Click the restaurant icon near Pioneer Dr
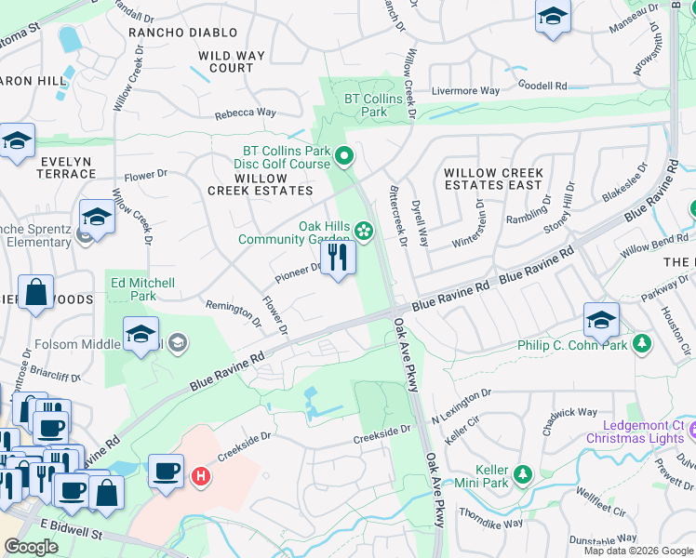pyautogui.click(x=338, y=258)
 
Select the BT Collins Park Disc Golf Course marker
pyautogui.click(x=344, y=157)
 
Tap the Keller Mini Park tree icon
pyautogui.click(x=523, y=475)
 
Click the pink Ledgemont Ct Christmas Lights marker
pyautogui.click(x=693, y=431)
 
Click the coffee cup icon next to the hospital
pyautogui.click(x=166, y=471)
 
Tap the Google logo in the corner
pyautogui.click(x=32, y=546)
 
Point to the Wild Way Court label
pyautogui.click(x=226, y=61)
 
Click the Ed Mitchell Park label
pyautogui.click(x=142, y=289)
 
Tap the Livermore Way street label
pyautogui.click(x=465, y=91)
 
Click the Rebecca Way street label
pyautogui.click(x=246, y=113)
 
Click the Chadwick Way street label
pyautogui.click(x=568, y=413)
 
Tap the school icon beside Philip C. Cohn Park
pyautogui.click(x=601, y=321)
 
